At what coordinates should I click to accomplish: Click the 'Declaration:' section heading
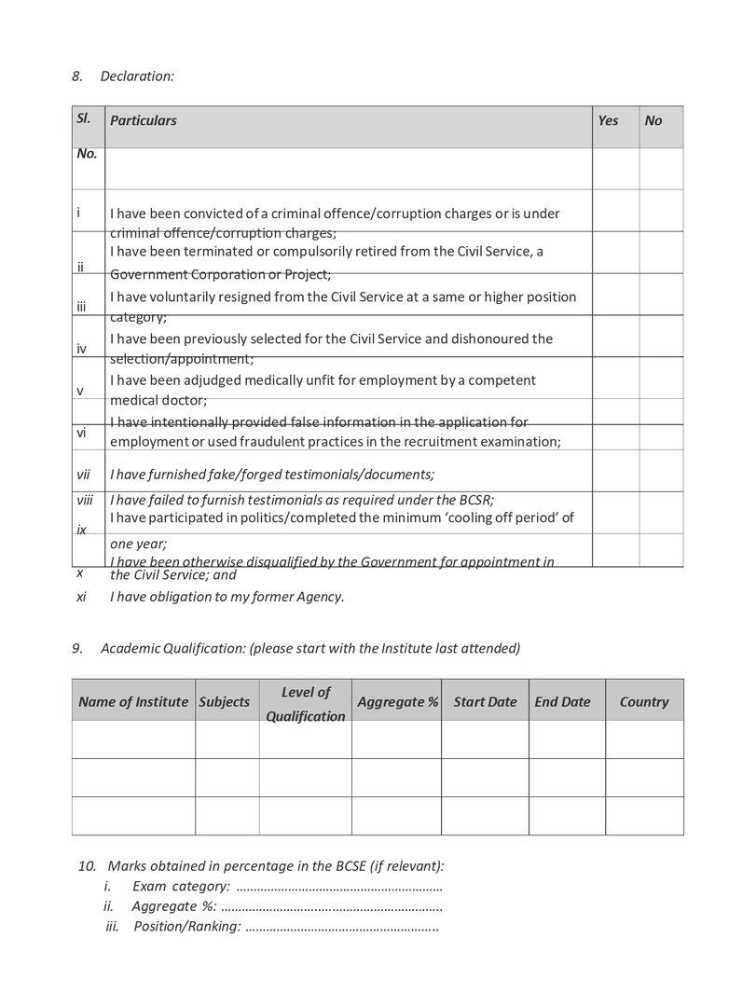[x=137, y=76]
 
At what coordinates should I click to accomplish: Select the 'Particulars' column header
[x=144, y=120]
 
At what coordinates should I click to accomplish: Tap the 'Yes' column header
[x=608, y=120]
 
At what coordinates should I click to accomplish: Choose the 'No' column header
[x=653, y=120]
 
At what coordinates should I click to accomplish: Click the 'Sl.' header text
[x=83, y=118]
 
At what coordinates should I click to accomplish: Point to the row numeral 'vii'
[x=84, y=475]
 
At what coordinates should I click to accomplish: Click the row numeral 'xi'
[x=82, y=597]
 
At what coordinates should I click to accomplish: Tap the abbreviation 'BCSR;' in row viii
[x=474, y=500]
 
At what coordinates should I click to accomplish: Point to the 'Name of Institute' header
[x=133, y=702]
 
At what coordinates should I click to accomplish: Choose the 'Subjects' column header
[x=225, y=702]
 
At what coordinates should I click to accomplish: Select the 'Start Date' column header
[x=485, y=702]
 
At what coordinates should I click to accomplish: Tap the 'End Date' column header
[x=562, y=702]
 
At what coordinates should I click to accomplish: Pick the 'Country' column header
[x=644, y=702]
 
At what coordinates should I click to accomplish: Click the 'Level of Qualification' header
[x=306, y=704]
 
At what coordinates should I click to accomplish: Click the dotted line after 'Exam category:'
[x=339, y=886]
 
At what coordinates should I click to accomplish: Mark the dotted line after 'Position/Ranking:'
[x=341, y=927]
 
